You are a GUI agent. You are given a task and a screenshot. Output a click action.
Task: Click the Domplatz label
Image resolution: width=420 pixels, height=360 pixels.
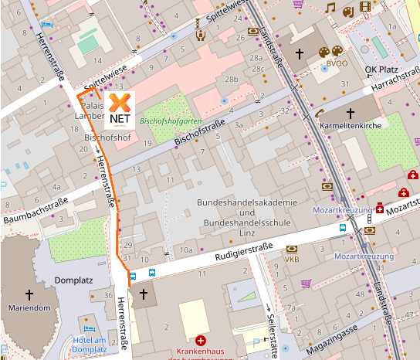[73, 280]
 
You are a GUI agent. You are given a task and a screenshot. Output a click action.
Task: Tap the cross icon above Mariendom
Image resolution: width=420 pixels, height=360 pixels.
[30, 294]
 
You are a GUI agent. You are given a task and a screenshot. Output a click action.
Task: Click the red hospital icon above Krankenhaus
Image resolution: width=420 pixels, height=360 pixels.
[202, 340]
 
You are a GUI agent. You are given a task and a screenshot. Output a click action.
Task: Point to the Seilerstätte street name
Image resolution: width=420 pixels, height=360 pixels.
[270, 324]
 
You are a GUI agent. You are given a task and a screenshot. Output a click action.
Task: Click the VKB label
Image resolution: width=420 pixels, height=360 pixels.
[292, 260]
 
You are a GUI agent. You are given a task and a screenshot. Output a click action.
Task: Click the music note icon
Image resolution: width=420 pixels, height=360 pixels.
[330, 8]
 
